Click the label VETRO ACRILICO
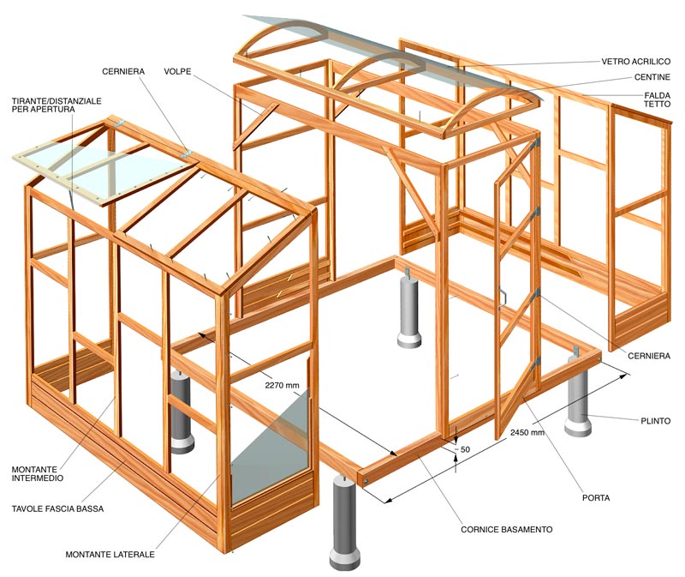coord(635,61)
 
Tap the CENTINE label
coord(652,77)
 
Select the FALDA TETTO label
coord(657,99)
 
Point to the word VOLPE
coord(177,71)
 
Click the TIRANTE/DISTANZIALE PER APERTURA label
coord(57,105)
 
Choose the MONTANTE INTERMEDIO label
coord(38,474)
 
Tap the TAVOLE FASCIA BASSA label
coord(57,508)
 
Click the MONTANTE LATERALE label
coord(110,554)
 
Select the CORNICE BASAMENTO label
coord(507,529)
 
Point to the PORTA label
coord(596,498)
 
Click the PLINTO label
coord(655,421)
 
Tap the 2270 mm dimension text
coord(282,386)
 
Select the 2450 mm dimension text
coord(527,433)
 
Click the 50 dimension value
coord(465,449)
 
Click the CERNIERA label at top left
coord(123,71)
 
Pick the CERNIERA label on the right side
coord(649,356)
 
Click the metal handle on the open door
coord(503,297)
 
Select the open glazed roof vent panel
coord(99,170)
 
